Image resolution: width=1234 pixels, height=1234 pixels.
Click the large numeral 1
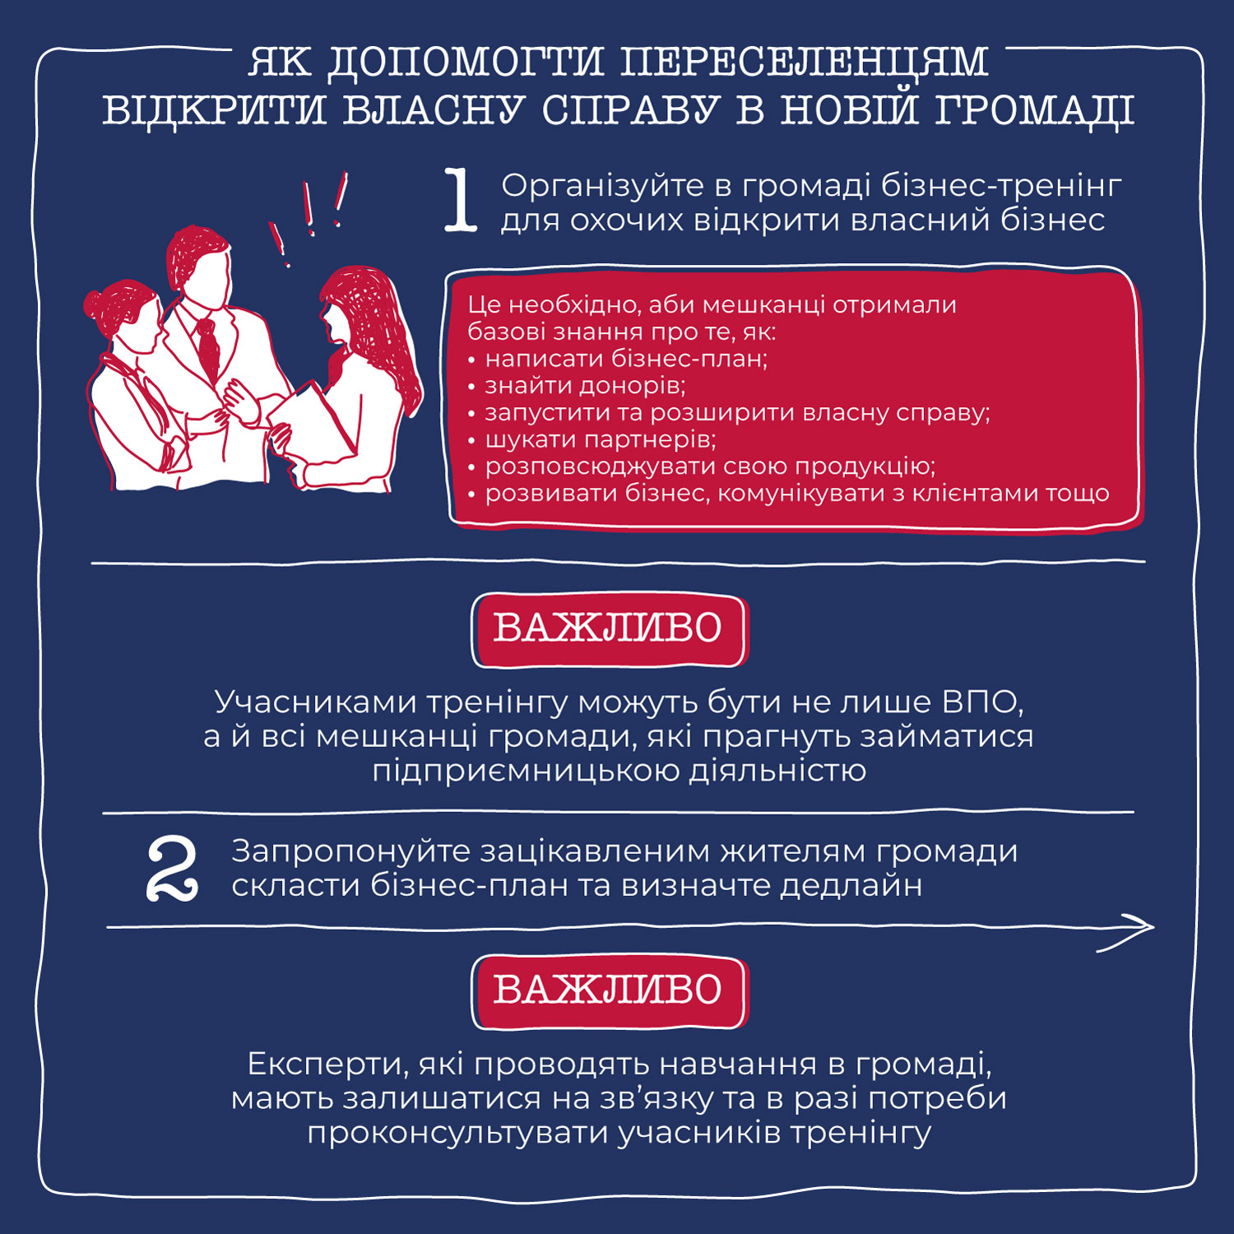pyautogui.click(x=462, y=200)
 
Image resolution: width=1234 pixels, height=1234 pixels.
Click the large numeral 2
pyautogui.click(x=172, y=869)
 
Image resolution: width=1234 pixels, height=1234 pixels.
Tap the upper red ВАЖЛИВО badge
pyautogui.click(x=609, y=629)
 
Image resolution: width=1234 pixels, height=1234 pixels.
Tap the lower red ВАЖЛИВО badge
pyautogui.click(x=609, y=990)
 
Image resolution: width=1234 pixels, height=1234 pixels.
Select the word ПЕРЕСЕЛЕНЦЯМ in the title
pyautogui.click(x=803, y=63)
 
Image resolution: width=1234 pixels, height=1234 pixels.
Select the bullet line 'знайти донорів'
pyautogui.click(x=584, y=385)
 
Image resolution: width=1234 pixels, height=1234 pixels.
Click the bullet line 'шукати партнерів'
pyautogui.click(x=600, y=439)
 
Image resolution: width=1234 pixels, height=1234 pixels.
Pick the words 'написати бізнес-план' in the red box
pyautogui.click(x=625, y=359)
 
